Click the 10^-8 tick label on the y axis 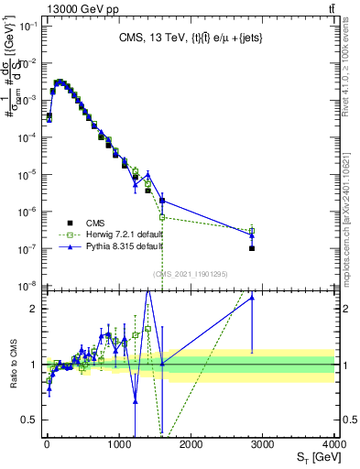[x=26, y=286]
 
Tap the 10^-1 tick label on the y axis [x=26, y=26]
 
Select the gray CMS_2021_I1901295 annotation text [x=190, y=273]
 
